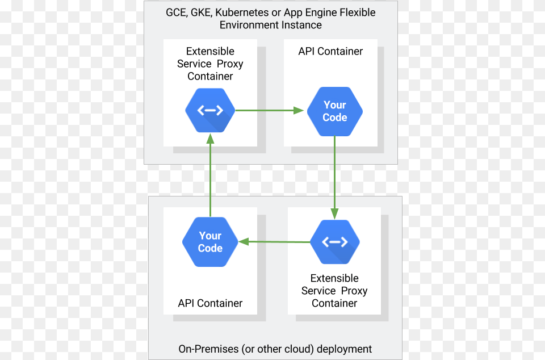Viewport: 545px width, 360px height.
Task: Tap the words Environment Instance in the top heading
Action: click(271, 25)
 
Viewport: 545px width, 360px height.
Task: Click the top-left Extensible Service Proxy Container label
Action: click(210, 64)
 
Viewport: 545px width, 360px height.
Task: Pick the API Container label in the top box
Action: click(330, 51)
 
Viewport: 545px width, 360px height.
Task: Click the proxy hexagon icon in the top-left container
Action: click(210, 110)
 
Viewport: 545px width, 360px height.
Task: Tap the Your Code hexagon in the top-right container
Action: click(334, 111)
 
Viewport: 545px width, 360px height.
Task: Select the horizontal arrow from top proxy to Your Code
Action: click(267, 111)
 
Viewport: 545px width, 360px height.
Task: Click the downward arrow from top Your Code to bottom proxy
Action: click(334, 176)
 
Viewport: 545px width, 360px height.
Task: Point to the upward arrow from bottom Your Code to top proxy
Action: click(210, 176)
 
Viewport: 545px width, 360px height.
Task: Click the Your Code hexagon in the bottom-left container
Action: click(210, 242)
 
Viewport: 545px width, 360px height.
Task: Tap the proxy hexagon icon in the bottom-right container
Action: click(335, 242)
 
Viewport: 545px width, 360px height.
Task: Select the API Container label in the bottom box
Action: click(210, 303)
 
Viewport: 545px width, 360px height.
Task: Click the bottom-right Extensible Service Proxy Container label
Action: click(334, 291)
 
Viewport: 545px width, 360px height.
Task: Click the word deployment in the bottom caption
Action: click(345, 349)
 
